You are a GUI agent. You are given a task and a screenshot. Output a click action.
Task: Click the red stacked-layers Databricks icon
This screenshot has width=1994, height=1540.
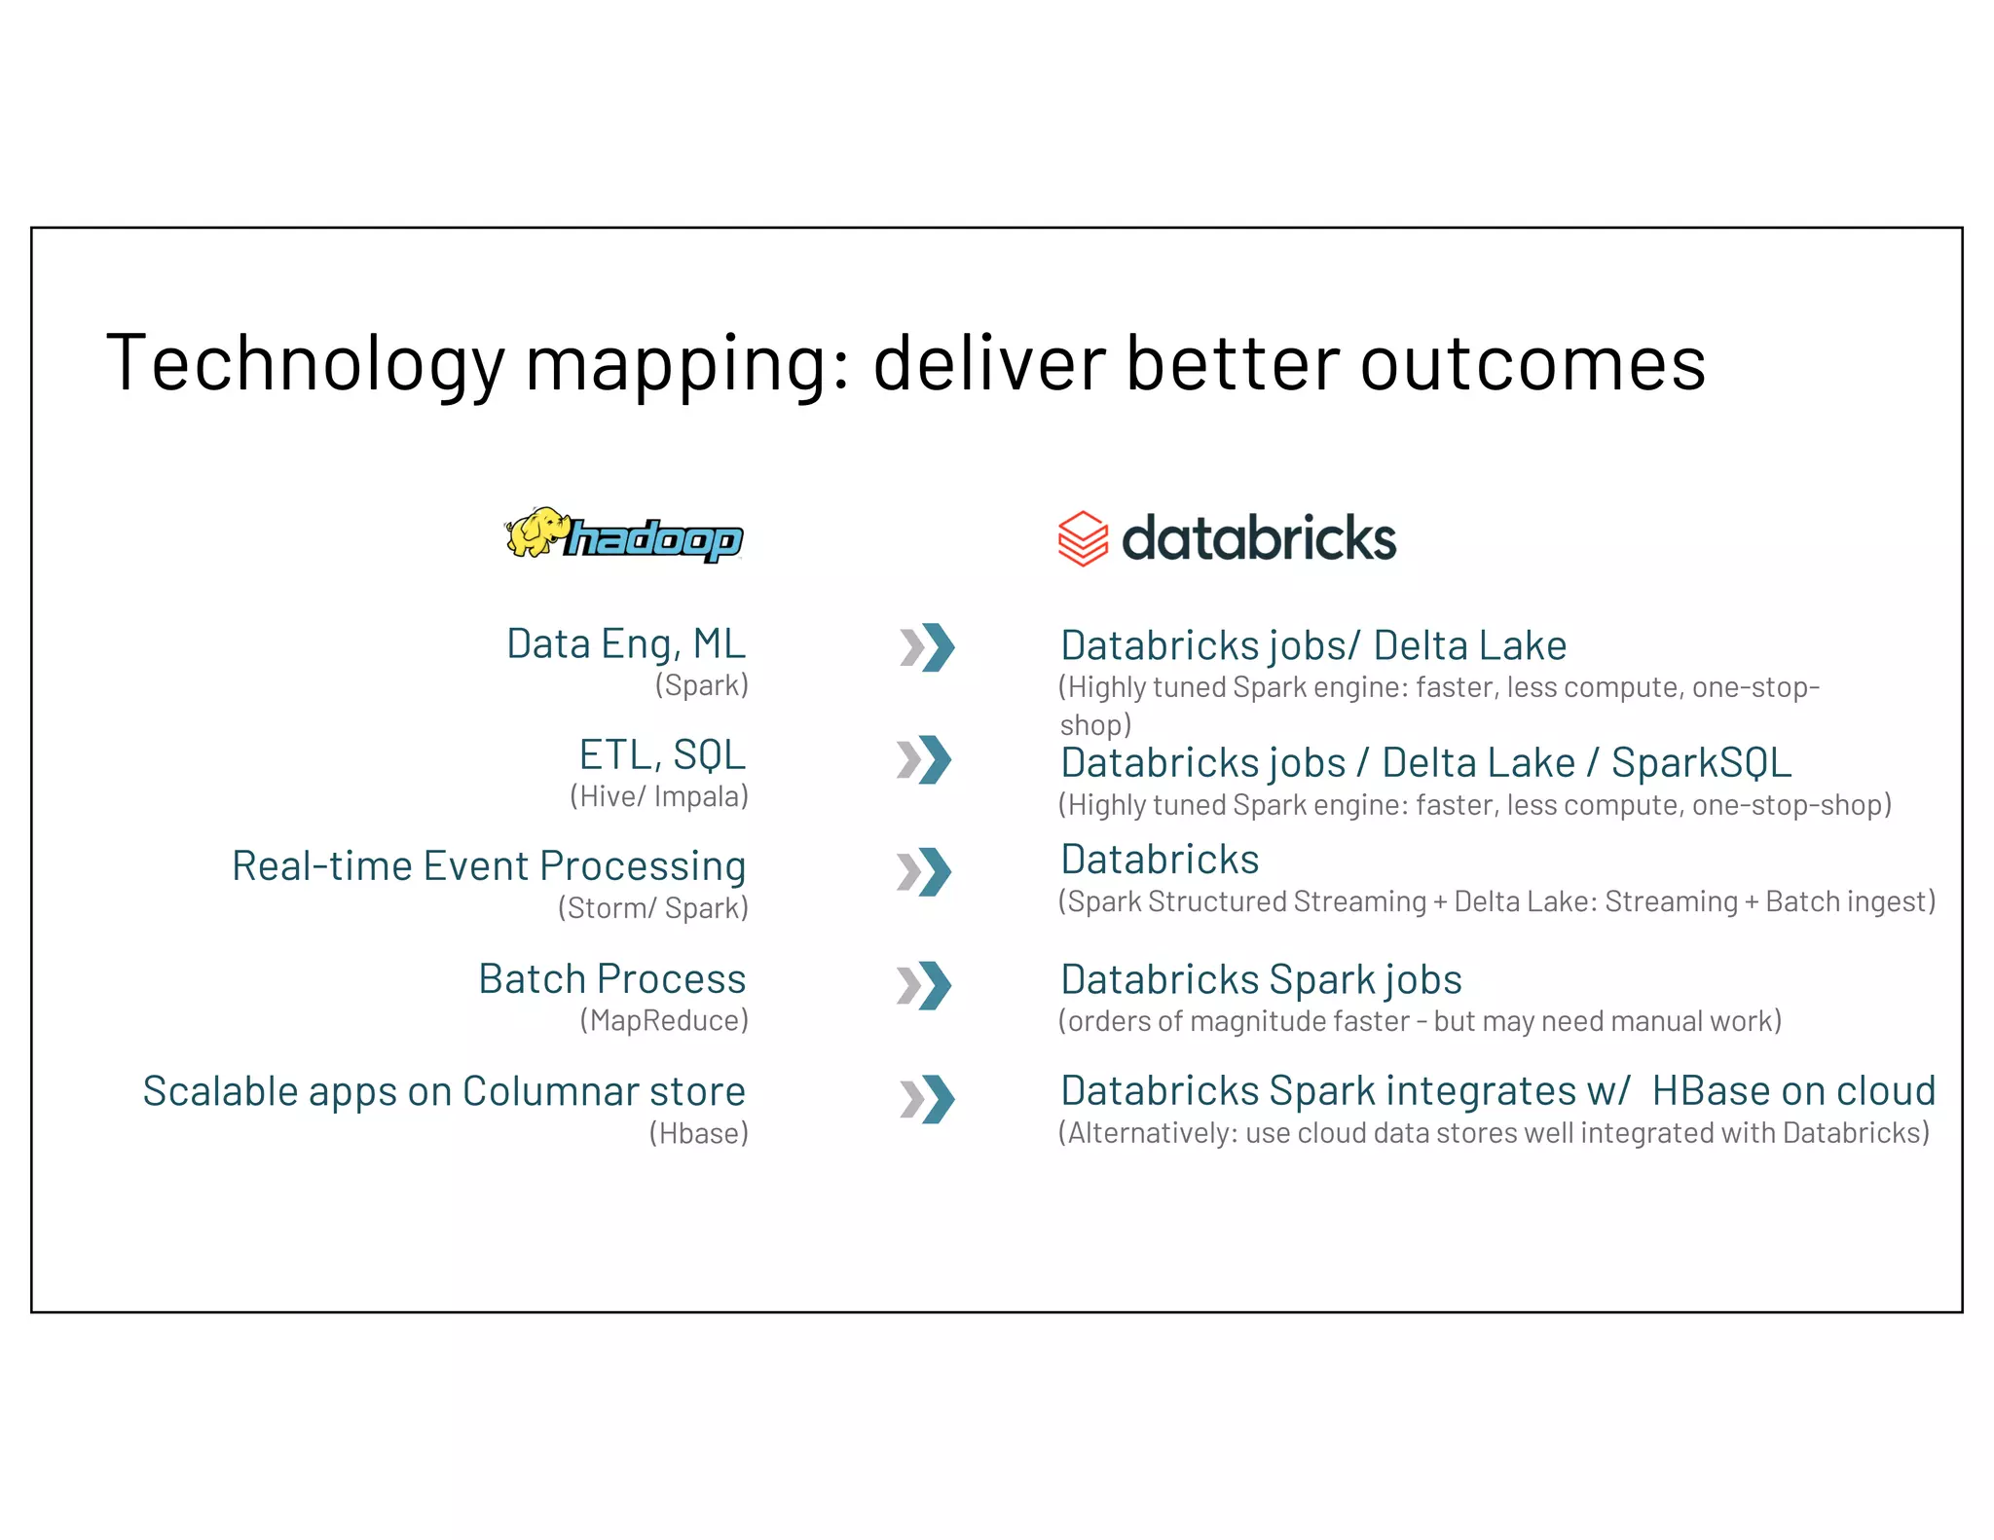(1083, 538)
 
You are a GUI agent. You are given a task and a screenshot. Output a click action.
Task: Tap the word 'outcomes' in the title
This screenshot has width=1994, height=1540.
(1532, 363)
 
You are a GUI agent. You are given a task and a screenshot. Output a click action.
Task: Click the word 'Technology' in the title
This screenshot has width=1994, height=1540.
(305, 363)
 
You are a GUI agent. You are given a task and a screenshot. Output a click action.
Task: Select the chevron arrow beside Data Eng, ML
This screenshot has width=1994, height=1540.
(928, 647)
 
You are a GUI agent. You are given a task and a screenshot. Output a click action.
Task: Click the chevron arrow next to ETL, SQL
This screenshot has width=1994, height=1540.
(924, 759)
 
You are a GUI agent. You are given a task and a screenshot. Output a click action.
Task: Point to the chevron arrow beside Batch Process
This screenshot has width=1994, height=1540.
(924, 985)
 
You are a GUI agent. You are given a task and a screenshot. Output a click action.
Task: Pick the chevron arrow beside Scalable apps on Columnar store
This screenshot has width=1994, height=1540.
(928, 1099)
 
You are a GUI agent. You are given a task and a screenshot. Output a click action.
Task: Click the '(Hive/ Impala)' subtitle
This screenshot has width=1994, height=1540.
(659, 796)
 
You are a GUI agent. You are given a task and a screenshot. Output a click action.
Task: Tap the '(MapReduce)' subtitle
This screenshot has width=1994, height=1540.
(664, 1020)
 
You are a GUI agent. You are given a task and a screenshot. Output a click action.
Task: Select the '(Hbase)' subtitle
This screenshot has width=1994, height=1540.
(699, 1133)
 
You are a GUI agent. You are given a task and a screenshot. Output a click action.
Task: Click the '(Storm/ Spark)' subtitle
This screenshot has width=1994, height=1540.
(653, 908)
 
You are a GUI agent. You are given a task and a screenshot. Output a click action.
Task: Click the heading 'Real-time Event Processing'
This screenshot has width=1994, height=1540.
(489, 865)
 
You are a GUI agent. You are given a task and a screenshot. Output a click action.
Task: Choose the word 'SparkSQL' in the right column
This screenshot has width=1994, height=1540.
(1701, 762)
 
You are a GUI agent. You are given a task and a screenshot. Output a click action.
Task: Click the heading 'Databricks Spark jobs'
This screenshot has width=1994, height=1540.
(1261, 979)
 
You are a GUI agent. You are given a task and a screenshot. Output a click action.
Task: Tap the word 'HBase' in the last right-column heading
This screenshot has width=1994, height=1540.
(1712, 1091)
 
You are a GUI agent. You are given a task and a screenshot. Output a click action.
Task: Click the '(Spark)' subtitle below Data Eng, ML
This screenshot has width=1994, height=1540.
(702, 685)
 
